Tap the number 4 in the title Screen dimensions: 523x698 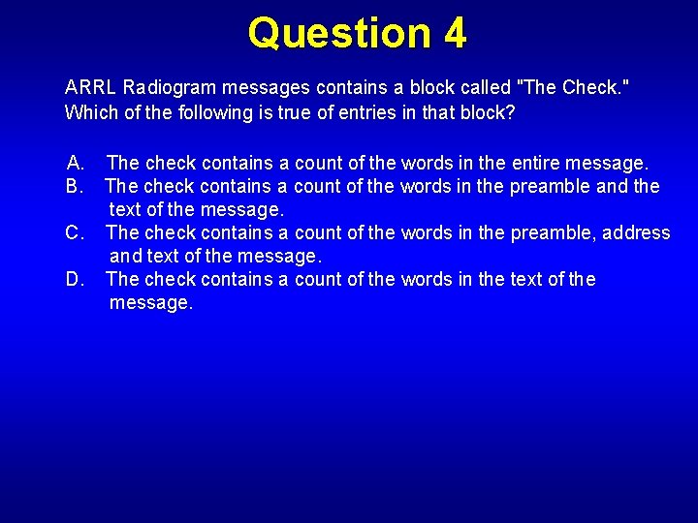pyautogui.click(x=456, y=33)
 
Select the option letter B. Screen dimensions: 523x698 pyautogui.click(x=76, y=186)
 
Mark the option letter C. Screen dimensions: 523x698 pyautogui.click(x=76, y=232)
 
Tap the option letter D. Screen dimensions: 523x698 pyautogui.click(x=76, y=279)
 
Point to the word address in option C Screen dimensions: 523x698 pyautogui.click(x=636, y=232)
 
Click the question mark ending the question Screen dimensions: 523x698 pyautogui.click(x=511, y=112)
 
